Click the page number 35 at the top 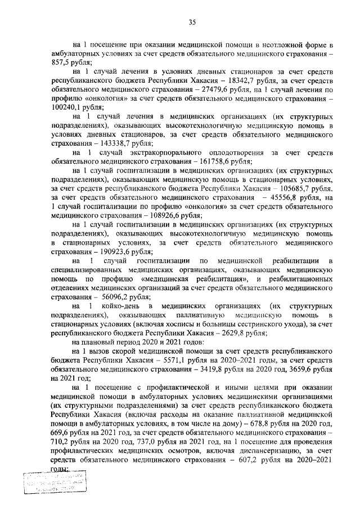pyautogui.click(x=191, y=22)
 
